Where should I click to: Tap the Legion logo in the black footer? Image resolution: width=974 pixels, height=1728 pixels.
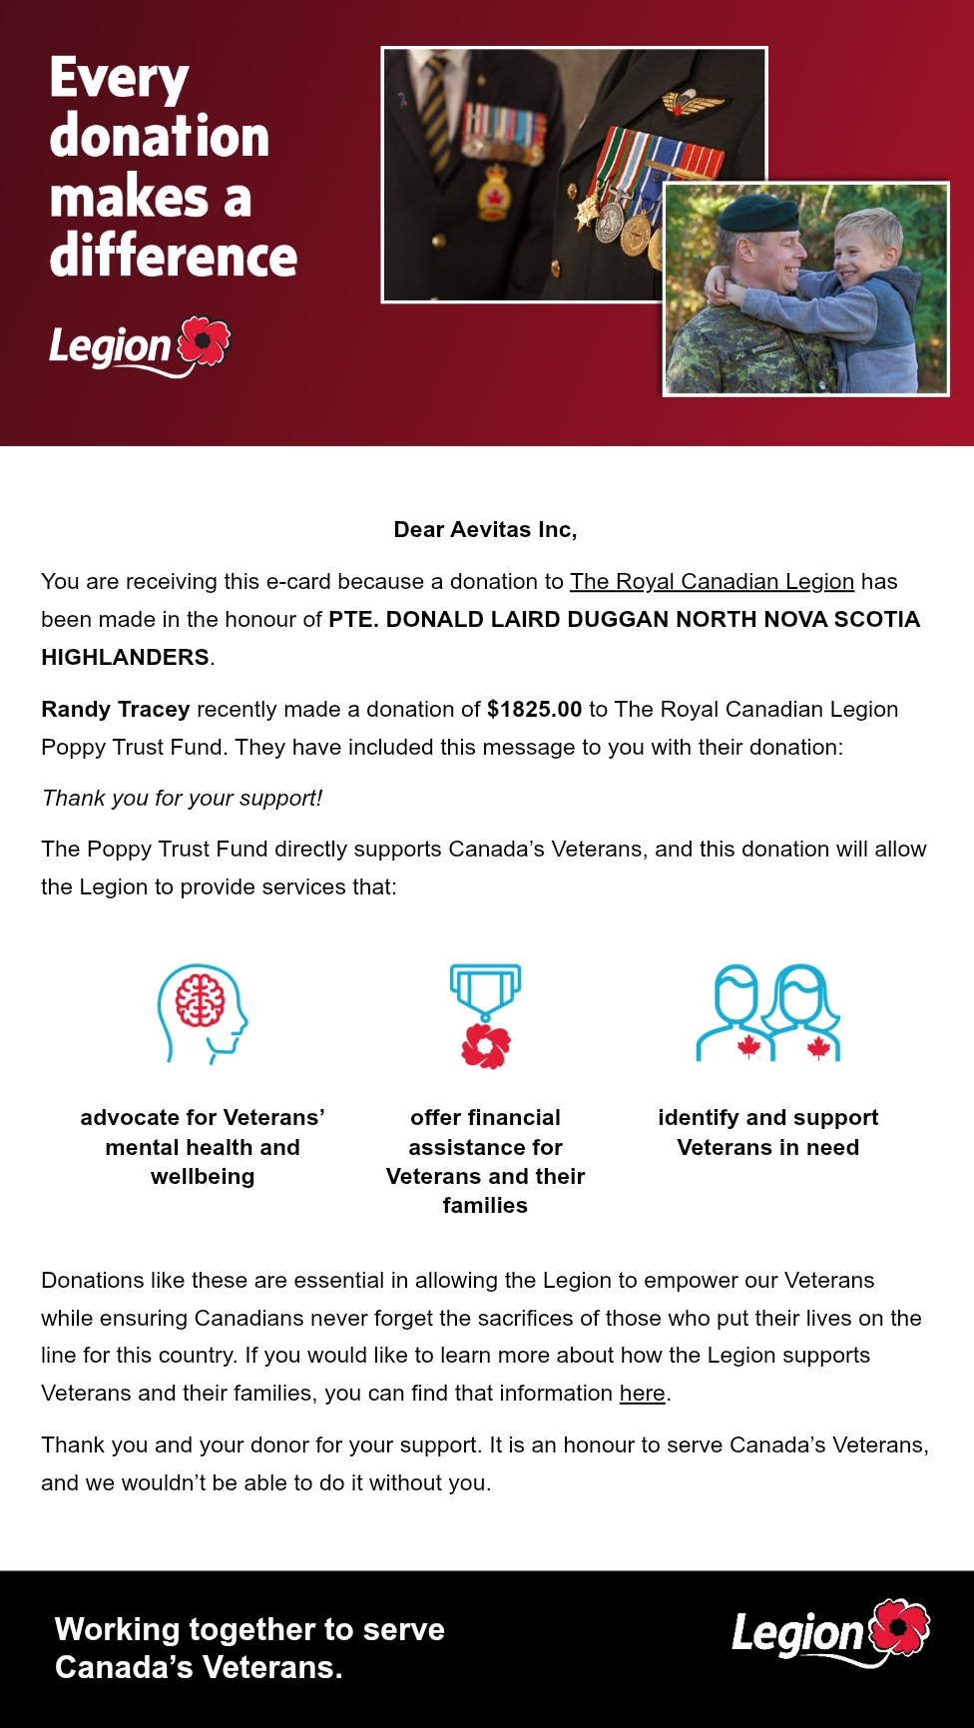pyautogui.click(x=830, y=1633)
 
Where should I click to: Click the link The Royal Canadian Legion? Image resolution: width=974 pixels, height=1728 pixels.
pyautogui.click(x=712, y=582)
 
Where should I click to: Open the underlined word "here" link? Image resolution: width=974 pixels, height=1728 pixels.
pyautogui.click(x=642, y=1394)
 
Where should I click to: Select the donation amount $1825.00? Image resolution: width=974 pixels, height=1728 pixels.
pyautogui.click(x=534, y=710)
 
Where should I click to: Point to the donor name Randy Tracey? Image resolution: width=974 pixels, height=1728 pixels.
pyautogui.click(x=115, y=710)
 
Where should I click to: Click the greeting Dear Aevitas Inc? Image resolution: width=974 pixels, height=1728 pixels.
pyautogui.click(x=485, y=530)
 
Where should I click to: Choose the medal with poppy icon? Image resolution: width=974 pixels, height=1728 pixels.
pyautogui.click(x=485, y=1014)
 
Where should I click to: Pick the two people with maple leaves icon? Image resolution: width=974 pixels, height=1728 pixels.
pyautogui.click(x=768, y=1012)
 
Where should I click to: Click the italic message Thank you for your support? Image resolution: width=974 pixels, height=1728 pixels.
pyautogui.click(x=182, y=799)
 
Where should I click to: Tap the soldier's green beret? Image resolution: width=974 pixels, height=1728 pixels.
pyautogui.click(x=758, y=214)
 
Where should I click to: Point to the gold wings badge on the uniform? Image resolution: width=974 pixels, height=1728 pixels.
pyautogui.click(x=694, y=102)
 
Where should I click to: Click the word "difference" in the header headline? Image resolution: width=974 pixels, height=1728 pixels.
pyautogui.click(x=174, y=258)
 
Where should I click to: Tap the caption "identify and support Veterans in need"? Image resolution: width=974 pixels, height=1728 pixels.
pyautogui.click(x=767, y=1132)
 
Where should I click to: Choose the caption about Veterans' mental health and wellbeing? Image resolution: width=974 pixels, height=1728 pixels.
pyautogui.click(x=203, y=1147)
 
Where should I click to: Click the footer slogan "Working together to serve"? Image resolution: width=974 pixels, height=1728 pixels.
pyautogui.click(x=249, y=1629)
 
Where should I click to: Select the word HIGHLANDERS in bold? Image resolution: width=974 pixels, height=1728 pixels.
pyautogui.click(x=125, y=658)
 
